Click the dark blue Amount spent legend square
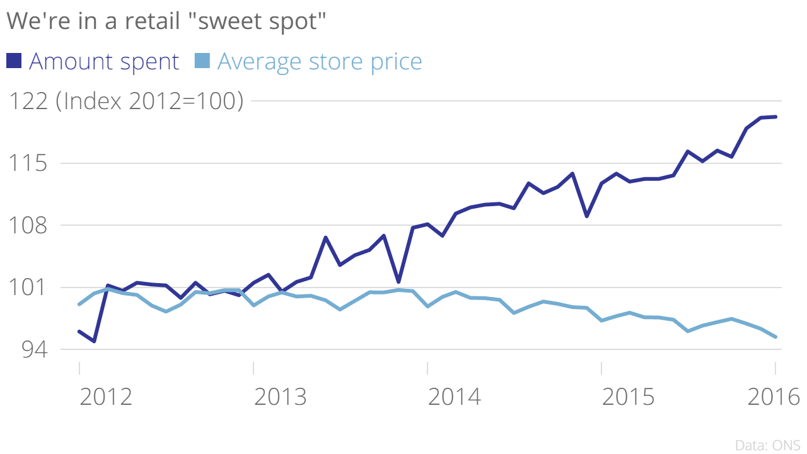point(14,61)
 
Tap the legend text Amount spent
point(104,62)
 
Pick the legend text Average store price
point(319,62)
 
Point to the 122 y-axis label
point(26,102)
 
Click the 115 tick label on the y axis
point(26,164)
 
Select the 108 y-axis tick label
point(26,226)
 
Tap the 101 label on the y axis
point(26,288)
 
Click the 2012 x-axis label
point(106,398)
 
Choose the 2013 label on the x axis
point(280,398)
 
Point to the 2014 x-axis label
point(454,398)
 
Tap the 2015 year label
point(628,398)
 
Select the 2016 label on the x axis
point(773,398)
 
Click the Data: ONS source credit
point(767,445)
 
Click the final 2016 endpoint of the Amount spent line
point(775,117)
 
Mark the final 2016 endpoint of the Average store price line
point(775,337)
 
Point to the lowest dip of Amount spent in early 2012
point(94,341)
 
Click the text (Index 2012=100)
point(149,102)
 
